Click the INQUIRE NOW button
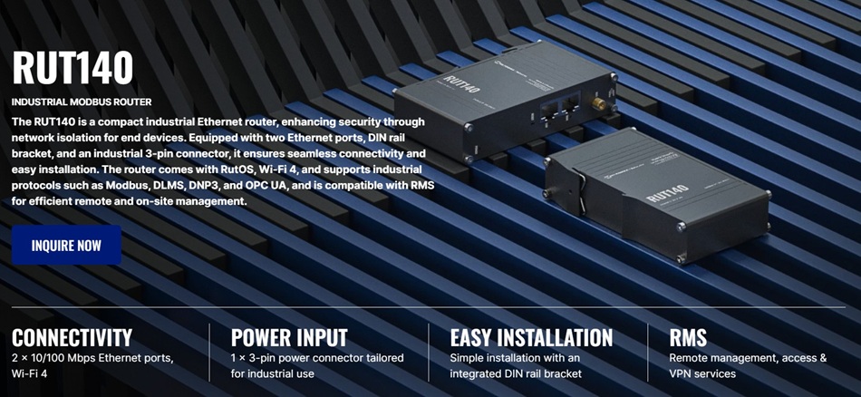[x=66, y=245]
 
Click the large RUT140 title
[x=73, y=68]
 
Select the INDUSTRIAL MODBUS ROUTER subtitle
[x=82, y=102]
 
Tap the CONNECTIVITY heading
[x=72, y=338]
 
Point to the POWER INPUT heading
[x=289, y=338]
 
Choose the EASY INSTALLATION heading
[x=531, y=338]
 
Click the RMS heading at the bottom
[x=688, y=338]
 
